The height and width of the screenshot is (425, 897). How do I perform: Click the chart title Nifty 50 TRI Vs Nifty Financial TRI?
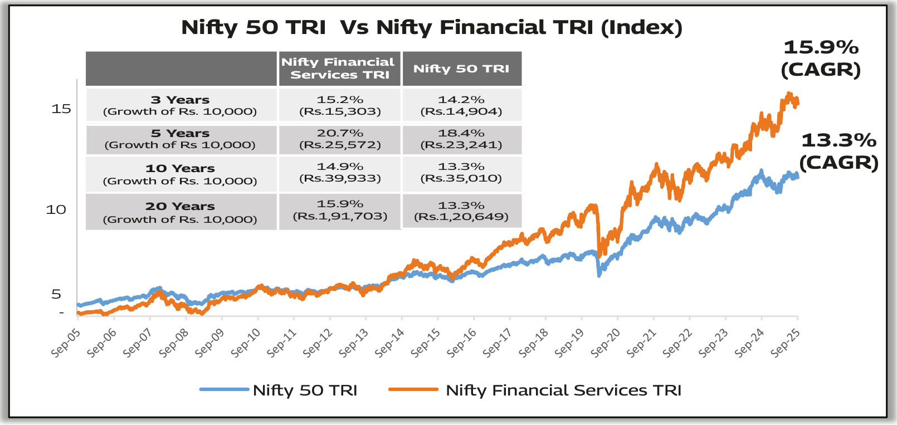[x=432, y=27]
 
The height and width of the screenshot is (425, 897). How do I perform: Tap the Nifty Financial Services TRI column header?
[x=339, y=69]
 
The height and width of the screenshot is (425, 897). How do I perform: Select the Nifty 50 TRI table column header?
[x=461, y=69]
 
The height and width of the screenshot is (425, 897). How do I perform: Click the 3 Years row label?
[x=180, y=105]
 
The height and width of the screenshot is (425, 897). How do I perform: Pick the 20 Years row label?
[x=180, y=212]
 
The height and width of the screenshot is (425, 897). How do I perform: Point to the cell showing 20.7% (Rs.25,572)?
[x=340, y=139]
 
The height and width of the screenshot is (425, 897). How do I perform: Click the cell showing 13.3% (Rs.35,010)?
[x=461, y=172]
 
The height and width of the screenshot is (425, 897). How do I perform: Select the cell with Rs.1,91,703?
[x=340, y=211]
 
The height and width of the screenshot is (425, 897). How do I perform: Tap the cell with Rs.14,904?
[x=461, y=105]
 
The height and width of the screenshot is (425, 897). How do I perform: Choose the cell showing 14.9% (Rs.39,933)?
[x=340, y=172]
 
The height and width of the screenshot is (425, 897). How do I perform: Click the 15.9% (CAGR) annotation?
[x=821, y=58]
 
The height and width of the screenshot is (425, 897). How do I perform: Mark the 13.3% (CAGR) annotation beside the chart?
[x=838, y=151]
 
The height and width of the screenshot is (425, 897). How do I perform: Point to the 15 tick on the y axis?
[x=61, y=109]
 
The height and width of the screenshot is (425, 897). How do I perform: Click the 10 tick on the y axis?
[x=56, y=210]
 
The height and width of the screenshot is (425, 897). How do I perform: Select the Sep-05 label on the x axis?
[x=66, y=343]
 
